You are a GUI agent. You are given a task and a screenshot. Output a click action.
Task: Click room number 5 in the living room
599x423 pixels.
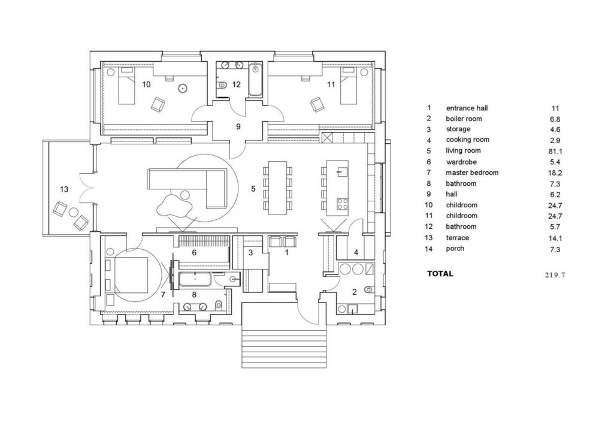[x=253, y=189]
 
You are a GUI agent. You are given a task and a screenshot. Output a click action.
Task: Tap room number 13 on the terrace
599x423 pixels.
[x=64, y=189]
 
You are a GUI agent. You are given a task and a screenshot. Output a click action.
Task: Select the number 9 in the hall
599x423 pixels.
[x=238, y=126]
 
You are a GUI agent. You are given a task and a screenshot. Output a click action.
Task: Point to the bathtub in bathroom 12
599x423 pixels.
[x=255, y=80]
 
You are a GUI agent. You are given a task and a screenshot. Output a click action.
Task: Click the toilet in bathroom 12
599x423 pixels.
[x=222, y=85]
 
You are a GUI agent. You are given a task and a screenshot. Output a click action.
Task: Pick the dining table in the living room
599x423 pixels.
[x=278, y=188]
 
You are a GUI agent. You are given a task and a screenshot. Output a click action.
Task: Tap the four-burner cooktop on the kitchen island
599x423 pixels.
[x=342, y=203]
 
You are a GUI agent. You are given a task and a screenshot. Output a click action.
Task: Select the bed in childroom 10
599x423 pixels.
[x=127, y=85]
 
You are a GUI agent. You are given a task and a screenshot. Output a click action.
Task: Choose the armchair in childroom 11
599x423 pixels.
[x=317, y=105]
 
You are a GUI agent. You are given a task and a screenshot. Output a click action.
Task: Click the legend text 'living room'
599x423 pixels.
[x=463, y=150]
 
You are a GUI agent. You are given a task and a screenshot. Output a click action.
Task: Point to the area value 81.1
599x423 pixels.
[x=555, y=152]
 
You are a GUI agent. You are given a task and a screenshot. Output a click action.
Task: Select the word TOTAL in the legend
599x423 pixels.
[x=440, y=274]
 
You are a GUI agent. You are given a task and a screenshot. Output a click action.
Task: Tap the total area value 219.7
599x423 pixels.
[x=555, y=274]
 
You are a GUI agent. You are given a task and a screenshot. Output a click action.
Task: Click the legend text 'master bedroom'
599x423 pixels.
[x=472, y=173]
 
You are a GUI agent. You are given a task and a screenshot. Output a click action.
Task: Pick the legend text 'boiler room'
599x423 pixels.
[x=464, y=119]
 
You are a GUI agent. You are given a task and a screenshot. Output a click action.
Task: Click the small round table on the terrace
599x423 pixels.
[x=72, y=211]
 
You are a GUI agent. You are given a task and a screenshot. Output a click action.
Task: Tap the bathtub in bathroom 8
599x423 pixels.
[x=195, y=279]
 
